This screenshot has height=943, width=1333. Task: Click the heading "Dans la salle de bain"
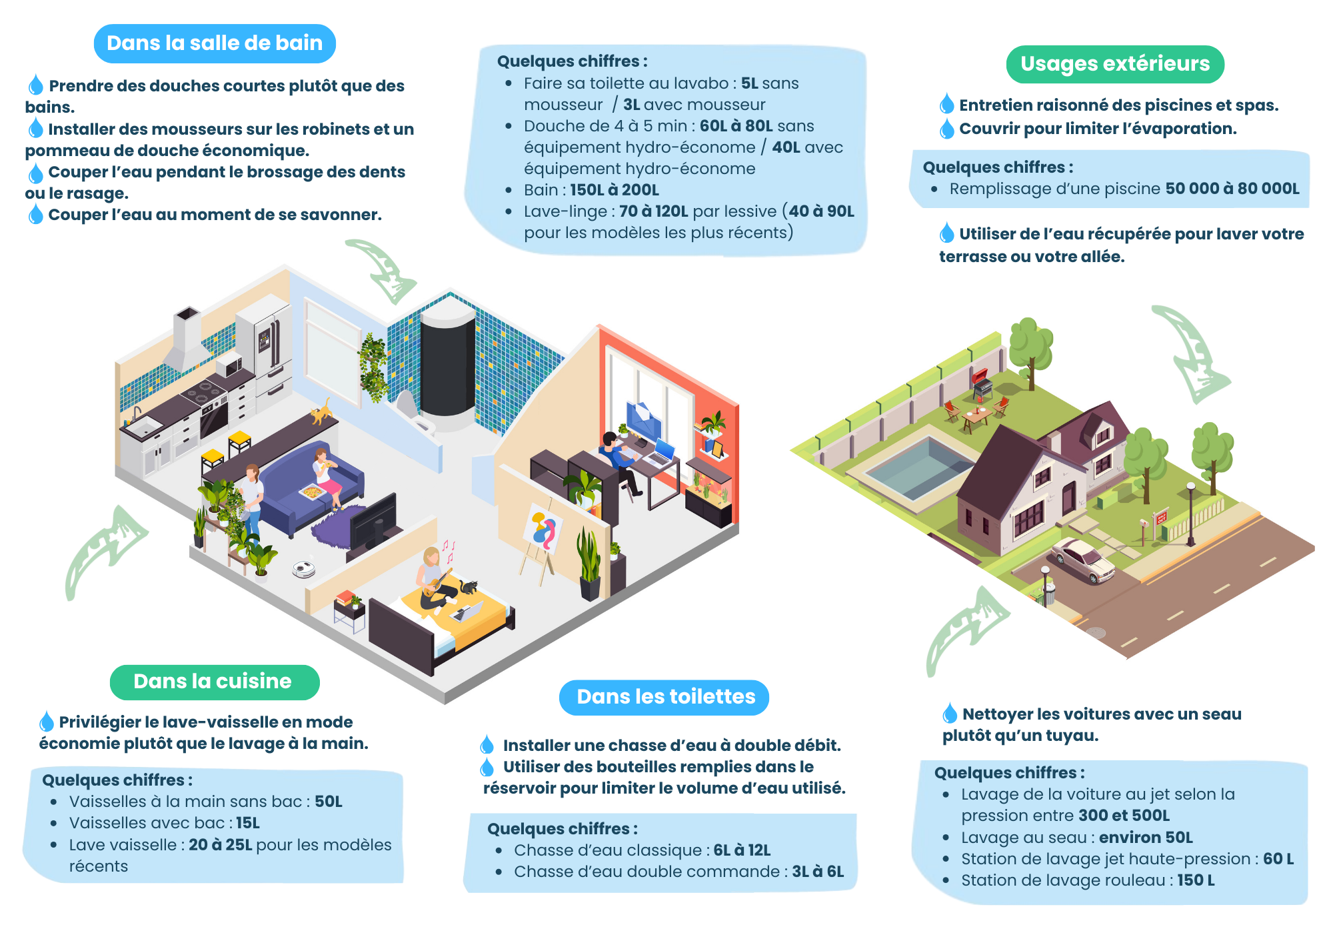pyautogui.click(x=215, y=43)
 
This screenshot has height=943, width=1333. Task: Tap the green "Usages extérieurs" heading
pyautogui.click(x=1114, y=64)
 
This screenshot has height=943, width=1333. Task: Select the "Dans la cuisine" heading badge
pyautogui.click(x=214, y=682)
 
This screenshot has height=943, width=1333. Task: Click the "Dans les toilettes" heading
pyautogui.click(x=665, y=697)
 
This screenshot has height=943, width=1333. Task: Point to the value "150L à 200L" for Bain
pyautogui.click(x=614, y=190)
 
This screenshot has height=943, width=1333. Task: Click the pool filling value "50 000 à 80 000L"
pyautogui.click(x=1232, y=189)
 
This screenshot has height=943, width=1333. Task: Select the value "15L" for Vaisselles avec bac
pyautogui.click(x=247, y=823)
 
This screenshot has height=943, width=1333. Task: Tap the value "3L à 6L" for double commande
pyautogui.click(x=817, y=872)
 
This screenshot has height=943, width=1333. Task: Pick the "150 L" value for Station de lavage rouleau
pyautogui.click(x=1196, y=880)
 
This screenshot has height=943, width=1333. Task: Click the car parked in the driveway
pyautogui.click(x=1083, y=559)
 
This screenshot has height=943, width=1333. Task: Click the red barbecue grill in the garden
pyautogui.click(x=981, y=382)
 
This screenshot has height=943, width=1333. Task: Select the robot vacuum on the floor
pyautogui.click(x=304, y=569)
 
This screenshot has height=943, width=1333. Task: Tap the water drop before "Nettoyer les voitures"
pyautogui.click(x=950, y=714)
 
